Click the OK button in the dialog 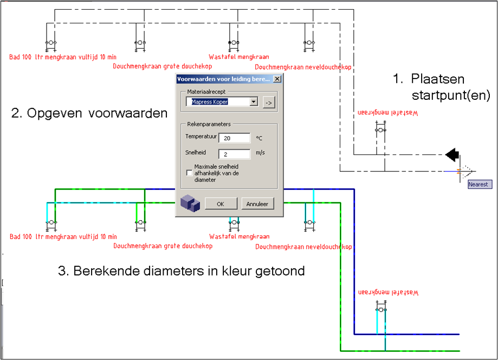click(x=221, y=204)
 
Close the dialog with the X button click(x=277, y=79)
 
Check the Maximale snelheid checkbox click(x=189, y=173)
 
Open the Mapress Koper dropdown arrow click(x=253, y=102)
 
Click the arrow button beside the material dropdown click(x=268, y=102)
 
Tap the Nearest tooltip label click(x=478, y=184)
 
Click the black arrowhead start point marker click(x=451, y=155)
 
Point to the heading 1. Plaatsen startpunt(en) click(x=441, y=87)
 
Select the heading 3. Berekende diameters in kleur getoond click(x=181, y=270)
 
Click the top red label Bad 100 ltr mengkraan click(x=63, y=56)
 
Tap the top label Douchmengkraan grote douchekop click(x=163, y=66)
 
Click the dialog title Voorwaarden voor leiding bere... click(x=223, y=79)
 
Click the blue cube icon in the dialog click(x=190, y=203)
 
